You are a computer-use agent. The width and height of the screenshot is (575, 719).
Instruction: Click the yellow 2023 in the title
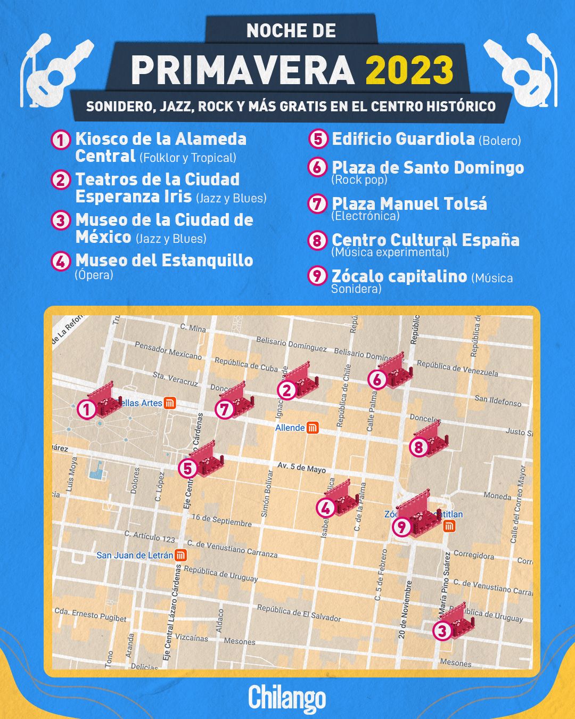click(x=409, y=70)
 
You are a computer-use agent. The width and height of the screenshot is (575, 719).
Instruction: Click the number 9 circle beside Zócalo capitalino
click(x=317, y=275)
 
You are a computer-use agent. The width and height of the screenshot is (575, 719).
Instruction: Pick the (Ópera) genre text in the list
click(x=94, y=275)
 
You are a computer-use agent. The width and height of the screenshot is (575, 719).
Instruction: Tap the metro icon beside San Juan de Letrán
click(x=181, y=555)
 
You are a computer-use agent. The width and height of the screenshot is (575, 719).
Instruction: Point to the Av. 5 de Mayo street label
click(x=301, y=467)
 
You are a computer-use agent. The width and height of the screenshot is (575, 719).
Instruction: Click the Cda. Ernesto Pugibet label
click(x=91, y=615)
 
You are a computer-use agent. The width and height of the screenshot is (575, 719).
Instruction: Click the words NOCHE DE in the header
click(x=291, y=31)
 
